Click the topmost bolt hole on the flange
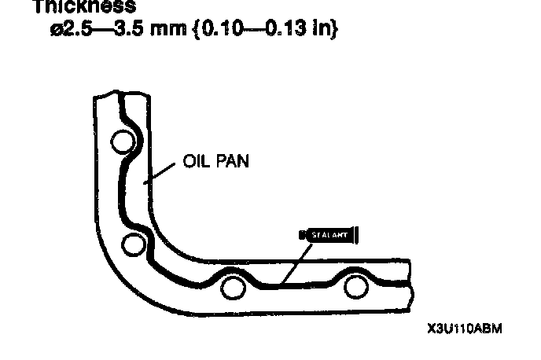pyautogui.click(x=121, y=142)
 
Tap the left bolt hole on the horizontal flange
pyautogui.click(x=234, y=288)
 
